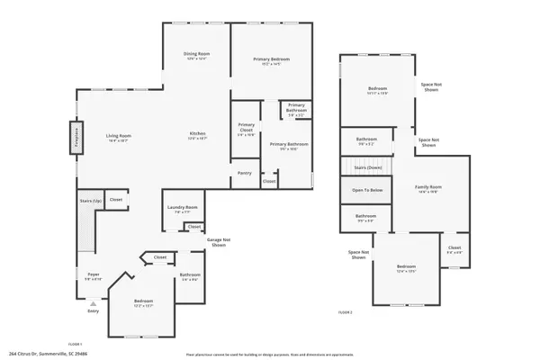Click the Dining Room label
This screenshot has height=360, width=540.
196,55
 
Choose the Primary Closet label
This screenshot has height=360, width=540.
246,129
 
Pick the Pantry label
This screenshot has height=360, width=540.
244,172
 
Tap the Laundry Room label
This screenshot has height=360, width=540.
181,210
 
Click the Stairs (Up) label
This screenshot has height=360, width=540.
88,200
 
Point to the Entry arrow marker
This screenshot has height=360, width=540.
93,307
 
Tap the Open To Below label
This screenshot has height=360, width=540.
366,190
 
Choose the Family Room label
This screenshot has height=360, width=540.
428,190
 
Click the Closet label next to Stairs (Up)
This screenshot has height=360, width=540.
116,200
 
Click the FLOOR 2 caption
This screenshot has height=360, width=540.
345,311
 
